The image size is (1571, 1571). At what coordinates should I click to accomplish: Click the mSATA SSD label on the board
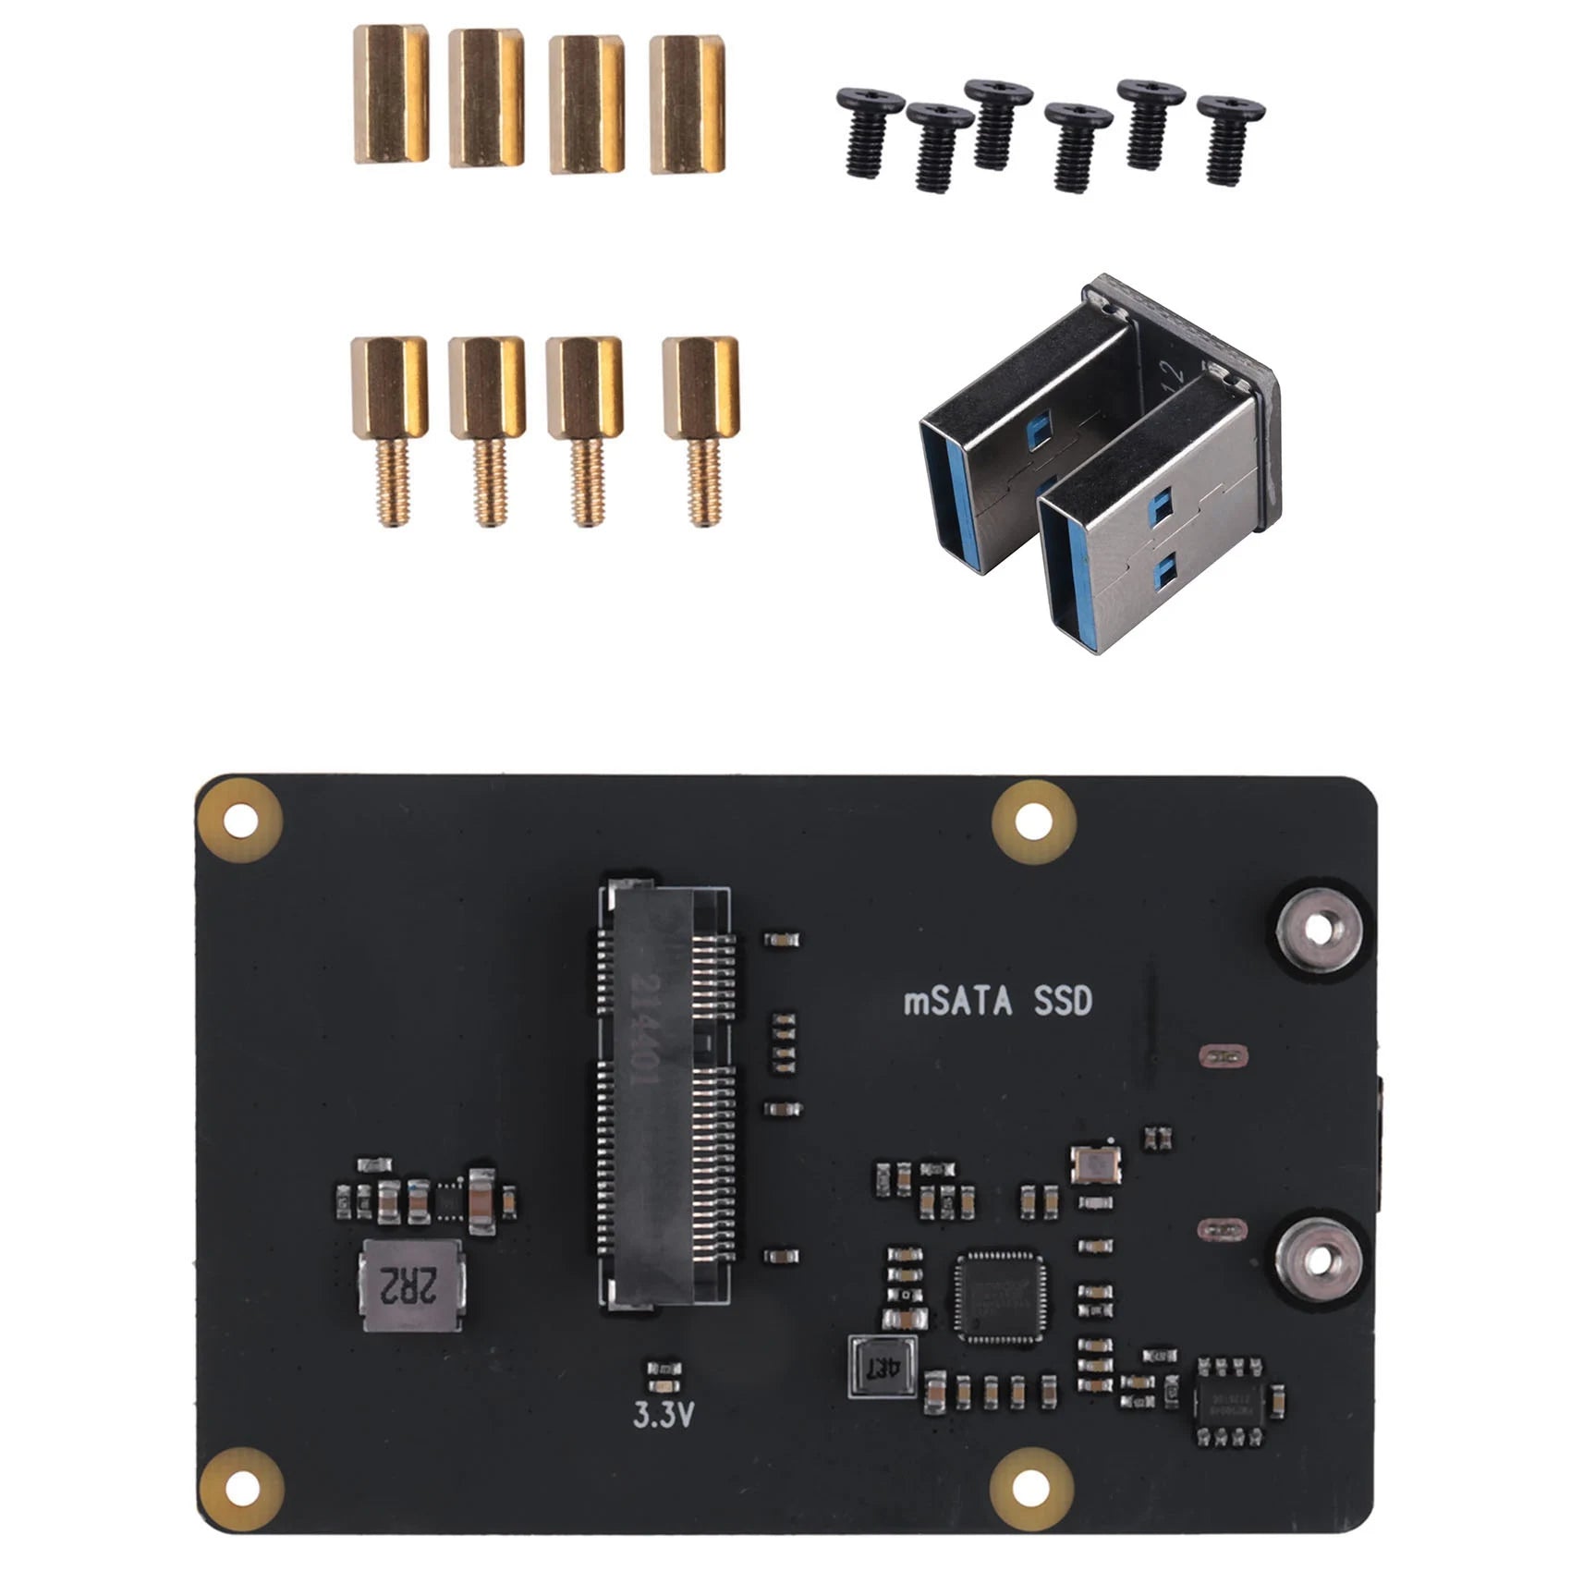(x=997, y=1002)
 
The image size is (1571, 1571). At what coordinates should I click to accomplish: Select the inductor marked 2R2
(x=413, y=1285)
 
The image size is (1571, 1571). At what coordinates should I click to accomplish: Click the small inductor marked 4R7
(x=883, y=1367)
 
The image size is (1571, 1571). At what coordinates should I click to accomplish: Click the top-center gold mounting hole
(x=1033, y=821)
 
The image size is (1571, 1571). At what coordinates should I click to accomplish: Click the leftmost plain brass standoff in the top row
(x=391, y=94)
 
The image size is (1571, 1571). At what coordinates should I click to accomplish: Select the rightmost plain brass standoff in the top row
(x=687, y=104)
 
